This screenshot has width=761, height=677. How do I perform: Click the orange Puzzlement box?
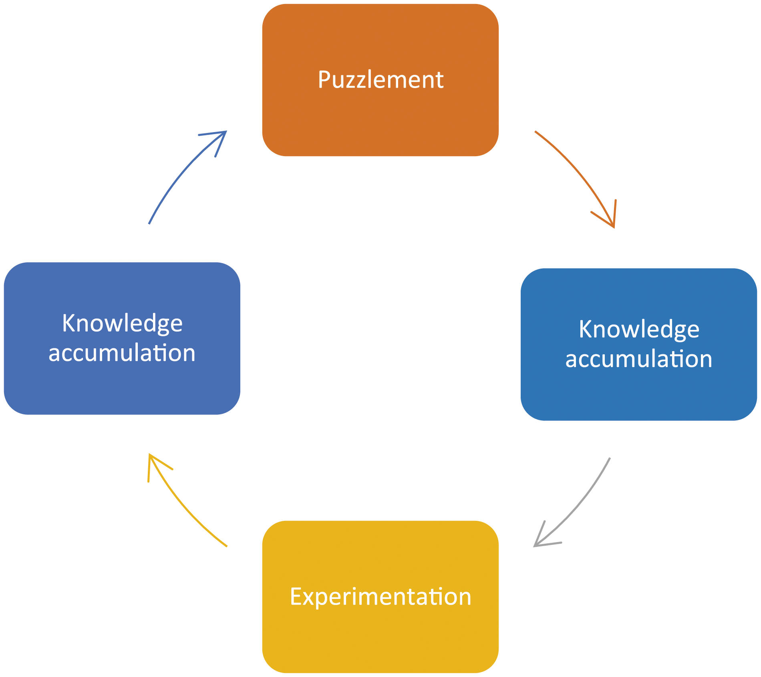coord(380,80)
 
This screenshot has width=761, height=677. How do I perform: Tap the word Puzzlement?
coord(380,80)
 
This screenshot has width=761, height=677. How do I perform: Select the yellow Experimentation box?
coord(380,597)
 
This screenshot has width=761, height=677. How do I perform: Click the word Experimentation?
coord(380,597)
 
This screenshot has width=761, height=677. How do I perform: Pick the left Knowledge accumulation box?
coord(122,338)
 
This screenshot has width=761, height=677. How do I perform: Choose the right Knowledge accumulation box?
coord(639,344)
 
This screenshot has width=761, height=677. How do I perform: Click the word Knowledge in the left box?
coord(122,323)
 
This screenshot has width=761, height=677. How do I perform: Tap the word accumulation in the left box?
coord(122,353)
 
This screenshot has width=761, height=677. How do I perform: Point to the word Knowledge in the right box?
coord(639,329)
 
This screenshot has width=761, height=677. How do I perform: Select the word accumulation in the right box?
coord(639,359)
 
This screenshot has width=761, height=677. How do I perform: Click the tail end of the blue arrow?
coord(149,223)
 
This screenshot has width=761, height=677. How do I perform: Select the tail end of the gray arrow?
coord(610,458)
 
